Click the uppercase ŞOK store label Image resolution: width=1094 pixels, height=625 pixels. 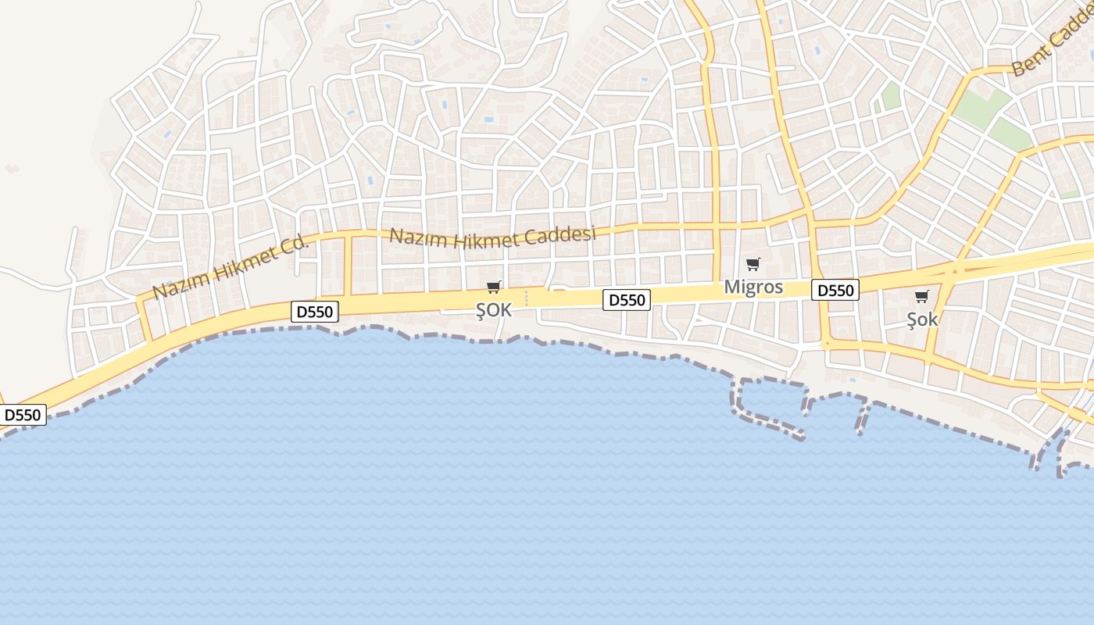(x=494, y=310)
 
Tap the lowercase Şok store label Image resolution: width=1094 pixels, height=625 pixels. (x=922, y=319)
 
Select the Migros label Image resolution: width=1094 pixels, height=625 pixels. (x=753, y=287)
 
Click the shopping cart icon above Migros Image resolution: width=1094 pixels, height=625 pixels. (x=753, y=264)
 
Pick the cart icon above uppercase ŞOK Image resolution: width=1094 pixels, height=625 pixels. (x=493, y=287)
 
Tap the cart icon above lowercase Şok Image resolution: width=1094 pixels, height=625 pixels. (x=922, y=296)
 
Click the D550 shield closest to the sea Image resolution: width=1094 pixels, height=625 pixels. (x=23, y=415)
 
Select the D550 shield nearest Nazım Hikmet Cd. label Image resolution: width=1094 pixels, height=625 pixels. (x=315, y=312)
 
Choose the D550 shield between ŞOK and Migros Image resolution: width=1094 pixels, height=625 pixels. (x=627, y=299)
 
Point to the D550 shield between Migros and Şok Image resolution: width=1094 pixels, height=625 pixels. (x=835, y=291)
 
